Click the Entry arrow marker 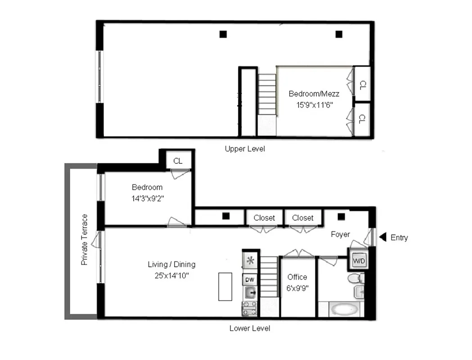pyautogui.click(x=383, y=237)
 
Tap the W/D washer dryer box pyautogui.click(x=359, y=261)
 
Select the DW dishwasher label pyautogui.click(x=249, y=279)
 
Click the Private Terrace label pyautogui.click(x=85, y=239)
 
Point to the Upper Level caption pyautogui.click(x=245, y=148)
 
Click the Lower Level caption pyautogui.click(x=250, y=328)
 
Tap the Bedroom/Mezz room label pyautogui.click(x=314, y=94)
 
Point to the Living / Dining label pyautogui.click(x=171, y=265)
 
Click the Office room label pyautogui.click(x=297, y=277)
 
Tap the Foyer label pyautogui.click(x=340, y=234)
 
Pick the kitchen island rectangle pyautogui.click(x=225, y=286)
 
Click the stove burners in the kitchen pyautogui.click(x=250, y=309)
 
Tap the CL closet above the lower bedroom pyautogui.click(x=178, y=161)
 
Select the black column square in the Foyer pyautogui.click(x=342, y=216)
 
